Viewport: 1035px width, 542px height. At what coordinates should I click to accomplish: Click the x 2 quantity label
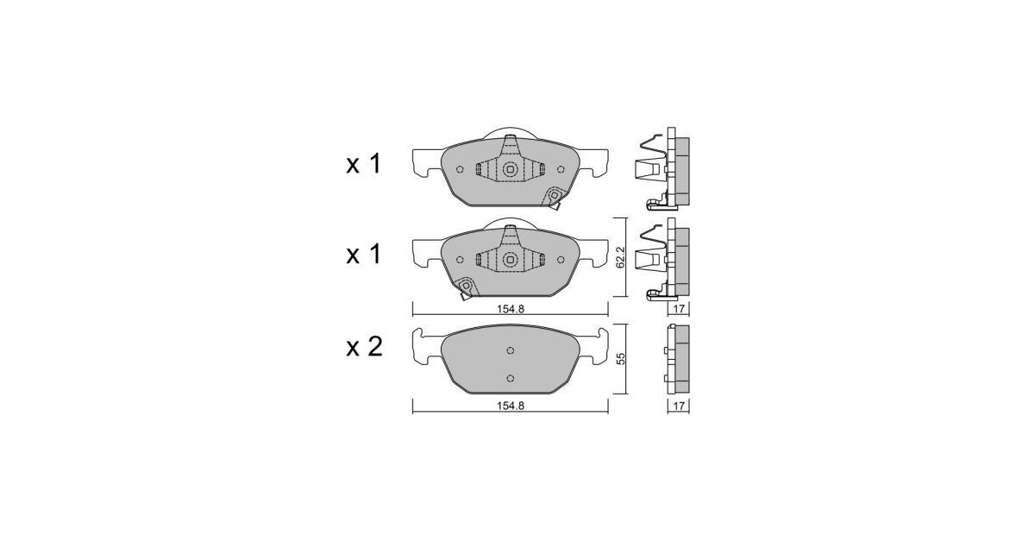(365, 347)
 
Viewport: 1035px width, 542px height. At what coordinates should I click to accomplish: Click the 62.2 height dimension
(620, 257)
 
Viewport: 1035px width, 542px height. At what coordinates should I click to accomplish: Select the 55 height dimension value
(621, 358)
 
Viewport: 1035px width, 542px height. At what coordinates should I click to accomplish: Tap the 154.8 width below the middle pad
(511, 309)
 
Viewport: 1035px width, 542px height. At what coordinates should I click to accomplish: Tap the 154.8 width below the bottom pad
(511, 406)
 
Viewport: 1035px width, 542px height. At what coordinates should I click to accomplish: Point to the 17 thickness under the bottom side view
(678, 406)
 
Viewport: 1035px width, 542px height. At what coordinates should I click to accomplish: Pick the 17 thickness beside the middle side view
(678, 308)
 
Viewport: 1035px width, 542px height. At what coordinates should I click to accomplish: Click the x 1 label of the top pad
(364, 164)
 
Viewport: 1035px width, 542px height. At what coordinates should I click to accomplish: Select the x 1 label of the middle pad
(364, 255)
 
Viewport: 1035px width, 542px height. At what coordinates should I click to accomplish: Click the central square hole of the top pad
(510, 170)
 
